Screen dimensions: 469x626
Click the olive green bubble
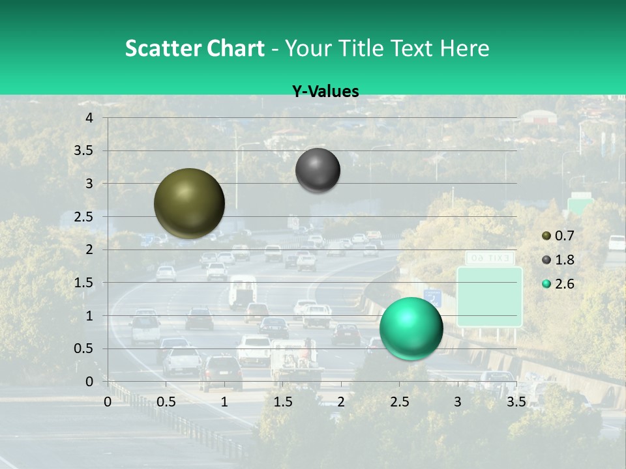(x=189, y=203)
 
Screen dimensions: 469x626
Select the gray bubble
(x=318, y=171)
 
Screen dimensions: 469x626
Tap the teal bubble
(x=411, y=328)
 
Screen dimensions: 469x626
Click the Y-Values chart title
(x=325, y=92)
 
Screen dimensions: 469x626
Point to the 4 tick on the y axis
(x=89, y=118)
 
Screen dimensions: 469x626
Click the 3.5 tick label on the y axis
(x=83, y=151)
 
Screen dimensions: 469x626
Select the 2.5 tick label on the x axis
(x=399, y=402)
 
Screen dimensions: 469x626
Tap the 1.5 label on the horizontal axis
(x=282, y=402)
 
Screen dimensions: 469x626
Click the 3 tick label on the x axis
(x=458, y=402)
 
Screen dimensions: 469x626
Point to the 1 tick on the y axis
(x=89, y=316)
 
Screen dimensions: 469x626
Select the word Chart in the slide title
(x=234, y=48)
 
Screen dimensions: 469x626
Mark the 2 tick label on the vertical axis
(x=89, y=249)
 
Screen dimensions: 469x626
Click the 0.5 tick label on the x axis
(x=166, y=402)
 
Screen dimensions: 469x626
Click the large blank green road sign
(x=489, y=296)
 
